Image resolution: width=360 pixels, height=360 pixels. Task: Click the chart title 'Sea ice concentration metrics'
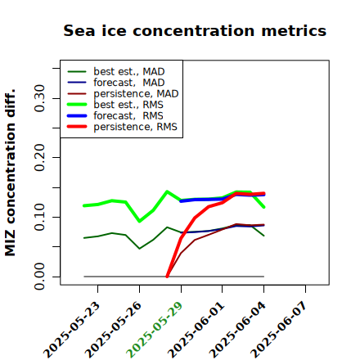(x=195, y=30)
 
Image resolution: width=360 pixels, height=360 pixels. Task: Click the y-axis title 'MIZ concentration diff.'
(x=10, y=173)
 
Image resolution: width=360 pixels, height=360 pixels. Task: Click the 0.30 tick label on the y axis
(x=40, y=98)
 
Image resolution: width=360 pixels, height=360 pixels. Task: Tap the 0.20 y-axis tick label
(x=40, y=157)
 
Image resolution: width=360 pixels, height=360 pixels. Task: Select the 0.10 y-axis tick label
(x=40, y=217)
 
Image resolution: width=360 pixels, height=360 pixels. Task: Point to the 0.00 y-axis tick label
(x=40, y=277)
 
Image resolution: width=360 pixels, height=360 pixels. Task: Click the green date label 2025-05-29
(x=155, y=330)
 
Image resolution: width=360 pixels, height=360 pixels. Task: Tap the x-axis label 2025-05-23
(x=71, y=330)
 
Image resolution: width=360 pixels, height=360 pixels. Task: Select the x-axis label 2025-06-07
(x=279, y=330)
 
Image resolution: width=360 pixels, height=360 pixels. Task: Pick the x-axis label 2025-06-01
(x=196, y=330)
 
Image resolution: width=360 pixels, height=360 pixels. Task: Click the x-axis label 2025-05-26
(x=113, y=330)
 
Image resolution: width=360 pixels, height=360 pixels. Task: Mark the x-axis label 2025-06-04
(x=237, y=330)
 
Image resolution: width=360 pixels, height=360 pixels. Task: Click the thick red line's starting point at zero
(x=167, y=277)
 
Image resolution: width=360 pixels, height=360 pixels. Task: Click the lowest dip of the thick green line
(x=140, y=221)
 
